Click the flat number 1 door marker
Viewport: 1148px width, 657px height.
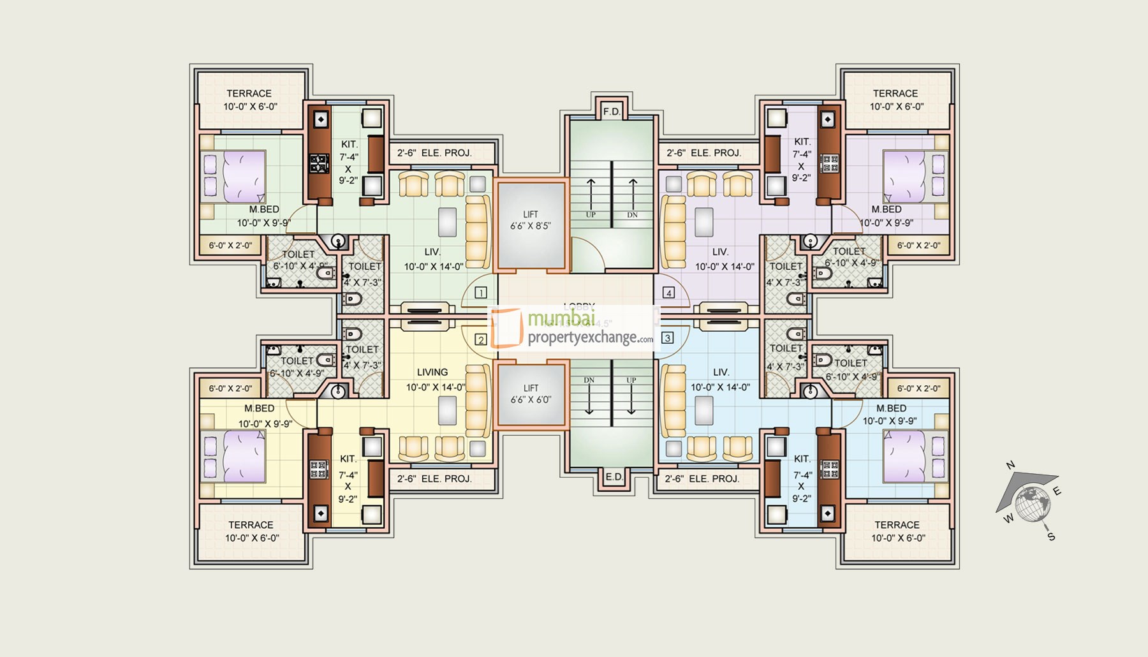(x=481, y=293)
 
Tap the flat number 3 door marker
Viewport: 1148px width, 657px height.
(x=667, y=338)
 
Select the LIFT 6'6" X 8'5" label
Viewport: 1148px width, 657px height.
(x=531, y=221)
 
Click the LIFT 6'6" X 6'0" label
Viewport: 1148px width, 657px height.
(x=531, y=394)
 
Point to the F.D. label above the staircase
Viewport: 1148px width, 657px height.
(x=612, y=112)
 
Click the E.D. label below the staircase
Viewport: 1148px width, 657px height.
(x=614, y=477)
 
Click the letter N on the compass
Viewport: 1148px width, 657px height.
(x=1010, y=465)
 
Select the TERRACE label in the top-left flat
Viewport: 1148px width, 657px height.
(x=249, y=93)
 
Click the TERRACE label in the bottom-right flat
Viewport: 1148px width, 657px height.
(x=897, y=525)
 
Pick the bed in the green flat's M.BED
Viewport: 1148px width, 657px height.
(x=235, y=177)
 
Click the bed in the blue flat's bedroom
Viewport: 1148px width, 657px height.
(x=913, y=455)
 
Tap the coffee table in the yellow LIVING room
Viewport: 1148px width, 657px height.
(x=447, y=410)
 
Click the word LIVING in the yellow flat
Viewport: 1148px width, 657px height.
(x=432, y=372)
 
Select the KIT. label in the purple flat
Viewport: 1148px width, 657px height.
(x=802, y=142)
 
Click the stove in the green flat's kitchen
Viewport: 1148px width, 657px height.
(x=318, y=164)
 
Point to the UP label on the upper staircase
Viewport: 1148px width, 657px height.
(x=591, y=215)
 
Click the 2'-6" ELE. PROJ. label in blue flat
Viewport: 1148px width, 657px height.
(x=702, y=478)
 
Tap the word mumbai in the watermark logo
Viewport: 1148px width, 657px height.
(x=561, y=318)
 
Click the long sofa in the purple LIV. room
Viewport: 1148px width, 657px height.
(x=673, y=232)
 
